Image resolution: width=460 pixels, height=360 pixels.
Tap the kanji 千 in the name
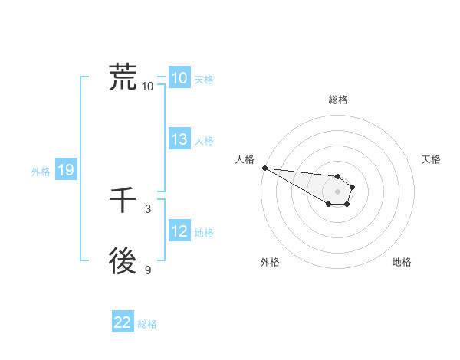tap(123, 202)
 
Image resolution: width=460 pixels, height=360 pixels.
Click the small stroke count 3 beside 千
tap(148, 209)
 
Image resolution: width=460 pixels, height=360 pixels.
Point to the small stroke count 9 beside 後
tap(148, 270)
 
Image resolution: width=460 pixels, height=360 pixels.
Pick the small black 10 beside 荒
tap(147, 86)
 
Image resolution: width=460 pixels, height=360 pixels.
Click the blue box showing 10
tap(179, 78)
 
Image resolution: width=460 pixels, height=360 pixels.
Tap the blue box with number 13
tap(179, 139)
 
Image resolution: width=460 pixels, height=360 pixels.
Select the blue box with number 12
tap(179, 231)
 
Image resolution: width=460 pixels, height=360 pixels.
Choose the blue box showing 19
tap(65, 171)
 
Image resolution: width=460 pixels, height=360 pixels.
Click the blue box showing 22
tap(123, 322)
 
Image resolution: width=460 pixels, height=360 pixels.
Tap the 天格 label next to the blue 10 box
tap(204, 80)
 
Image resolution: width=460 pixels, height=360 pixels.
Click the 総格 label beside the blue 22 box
tap(147, 324)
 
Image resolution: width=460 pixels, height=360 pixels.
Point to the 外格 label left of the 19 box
tap(41, 172)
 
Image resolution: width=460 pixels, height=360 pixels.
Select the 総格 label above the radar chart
tap(337, 100)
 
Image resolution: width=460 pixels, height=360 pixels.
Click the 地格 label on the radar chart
tap(402, 262)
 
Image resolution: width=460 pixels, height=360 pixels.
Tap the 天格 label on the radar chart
tap(431, 159)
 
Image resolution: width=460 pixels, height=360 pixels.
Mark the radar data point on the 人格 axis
tap(264, 168)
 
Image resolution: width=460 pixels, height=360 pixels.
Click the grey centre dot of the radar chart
tap(337, 191)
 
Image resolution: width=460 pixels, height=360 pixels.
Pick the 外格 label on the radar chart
tap(270, 262)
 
